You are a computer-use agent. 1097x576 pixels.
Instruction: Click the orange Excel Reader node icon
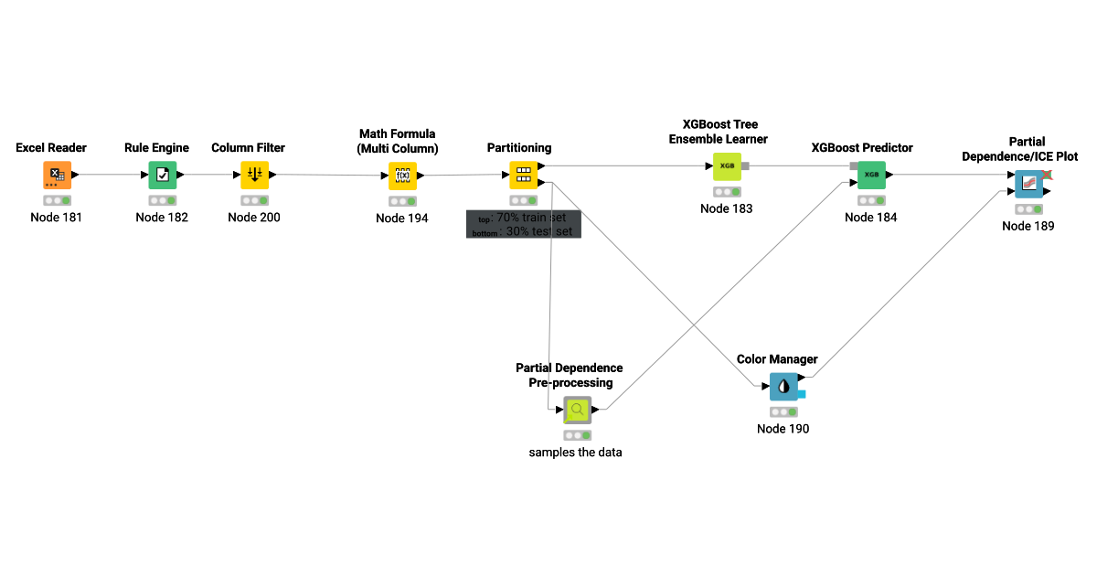pyautogui.click(x=57, y=175)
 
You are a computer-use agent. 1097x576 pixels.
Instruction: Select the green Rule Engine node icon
pyautogui.click(x=163, y=175)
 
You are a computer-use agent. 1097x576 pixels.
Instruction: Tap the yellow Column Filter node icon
pyautogui.click(x=254, y=175)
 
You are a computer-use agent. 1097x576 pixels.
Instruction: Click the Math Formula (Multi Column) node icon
pyautogui.click(x=402, y=176)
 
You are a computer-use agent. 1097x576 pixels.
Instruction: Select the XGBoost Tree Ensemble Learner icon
pyautogui.click(x=727, y=166)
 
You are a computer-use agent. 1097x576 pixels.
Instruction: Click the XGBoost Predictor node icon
pyautogui.click(x=871, y=175)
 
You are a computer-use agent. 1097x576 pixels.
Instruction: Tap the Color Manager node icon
pyautogui.click(x=783, y=387)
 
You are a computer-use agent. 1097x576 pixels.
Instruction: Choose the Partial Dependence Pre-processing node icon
pyautogui.click(x=577, y=411)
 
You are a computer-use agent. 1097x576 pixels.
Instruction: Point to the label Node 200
pyautogui.click(x=254, y=218)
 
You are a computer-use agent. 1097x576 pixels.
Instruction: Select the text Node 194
pyautogui.click(x=402, y=219)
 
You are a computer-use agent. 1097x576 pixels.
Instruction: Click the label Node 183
pyautogui.click(x=727, y=209)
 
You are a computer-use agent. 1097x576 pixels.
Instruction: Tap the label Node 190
pyautogui.click(x=783, y=429)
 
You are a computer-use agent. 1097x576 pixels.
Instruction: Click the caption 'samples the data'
pyautogui.click(x=576, y=453)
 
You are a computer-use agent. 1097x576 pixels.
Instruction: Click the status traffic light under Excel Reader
pyautogui.click(x=57, y=200)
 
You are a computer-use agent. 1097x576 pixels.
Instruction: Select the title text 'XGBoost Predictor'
pyautogui.click(x=862, y=148)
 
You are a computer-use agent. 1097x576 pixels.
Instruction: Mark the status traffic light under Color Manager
pyautogui.click(x=783, y=412)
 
